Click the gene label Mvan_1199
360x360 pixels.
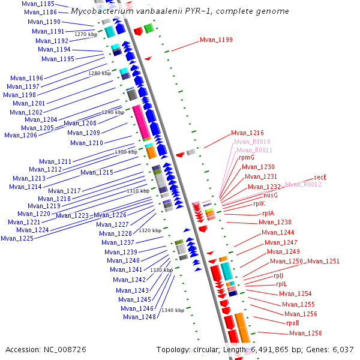pos(216,40)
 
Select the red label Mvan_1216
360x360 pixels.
pos(247,133)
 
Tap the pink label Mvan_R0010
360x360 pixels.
pos(252,142)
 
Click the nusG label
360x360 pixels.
pos(271,195)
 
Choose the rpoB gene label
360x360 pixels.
pos(293,323)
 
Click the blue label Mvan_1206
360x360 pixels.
pos(20,135)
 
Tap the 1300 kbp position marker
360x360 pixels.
pos(126,152)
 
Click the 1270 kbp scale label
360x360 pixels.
pos(86,35)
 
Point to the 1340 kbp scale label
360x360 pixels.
pos(173,310)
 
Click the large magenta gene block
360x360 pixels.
pos(142,122)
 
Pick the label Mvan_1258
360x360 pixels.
pos(305,333)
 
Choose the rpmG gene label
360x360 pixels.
pos(247,157)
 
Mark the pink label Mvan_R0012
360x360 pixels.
pos(304,185)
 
